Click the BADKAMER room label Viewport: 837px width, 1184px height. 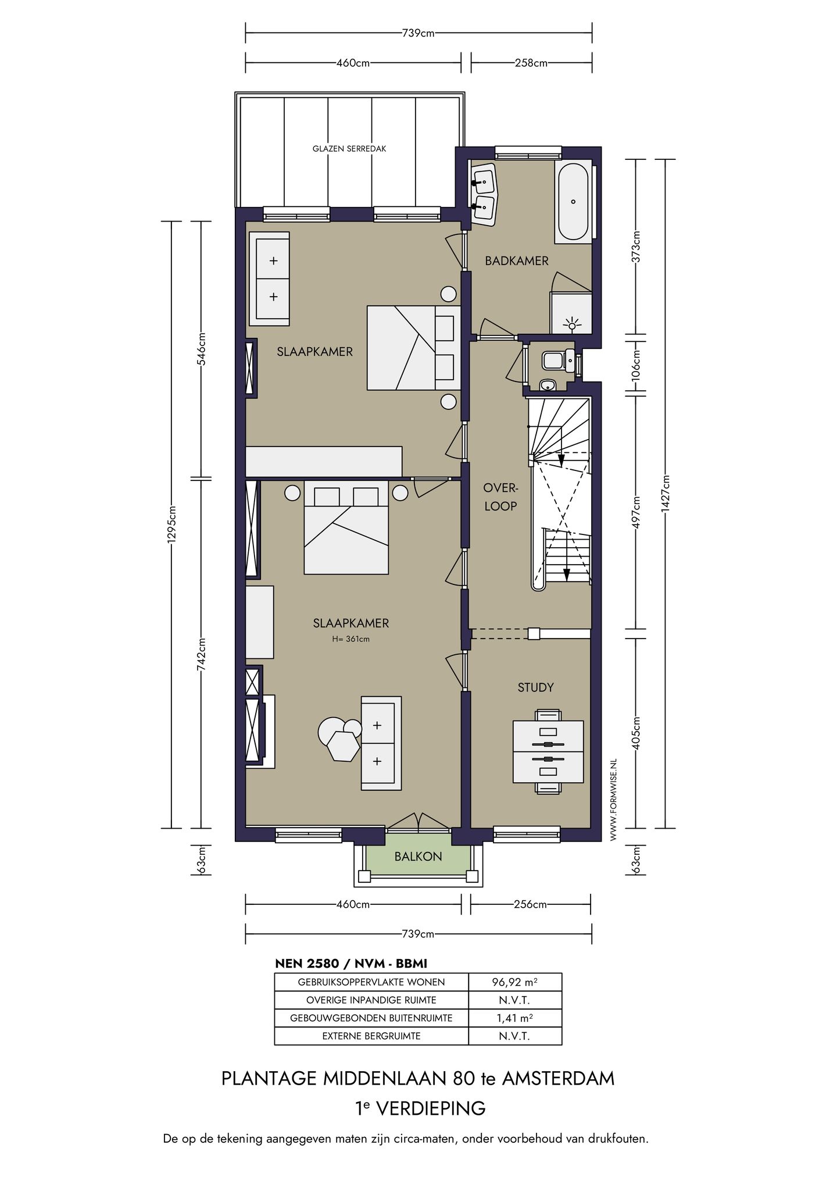[517, 261]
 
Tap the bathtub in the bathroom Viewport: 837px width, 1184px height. [573, 202]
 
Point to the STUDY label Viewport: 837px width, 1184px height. [535, 687]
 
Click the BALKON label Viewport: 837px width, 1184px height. [418, 857]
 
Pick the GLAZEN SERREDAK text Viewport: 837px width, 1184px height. [349, 149]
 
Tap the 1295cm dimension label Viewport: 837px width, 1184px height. [171, 525]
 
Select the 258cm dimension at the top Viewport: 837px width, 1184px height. [531, 63]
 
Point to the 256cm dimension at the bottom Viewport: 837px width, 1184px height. [530, 904]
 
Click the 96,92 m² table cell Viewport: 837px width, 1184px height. [515, 982]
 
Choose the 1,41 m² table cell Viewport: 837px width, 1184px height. [515, 1018]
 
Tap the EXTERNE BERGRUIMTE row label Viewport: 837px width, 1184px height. [371, 1036]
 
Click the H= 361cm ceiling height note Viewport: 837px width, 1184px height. [351, 639]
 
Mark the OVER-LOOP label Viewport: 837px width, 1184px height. [500, 497]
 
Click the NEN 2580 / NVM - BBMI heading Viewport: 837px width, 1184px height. [350, 964]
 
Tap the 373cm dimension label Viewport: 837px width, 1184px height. [636, 248]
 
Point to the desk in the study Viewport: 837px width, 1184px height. [548, 752]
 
